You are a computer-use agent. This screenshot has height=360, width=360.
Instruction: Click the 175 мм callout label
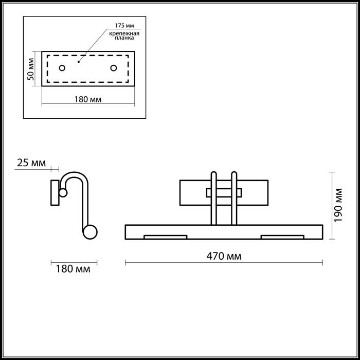[x=124, y=25]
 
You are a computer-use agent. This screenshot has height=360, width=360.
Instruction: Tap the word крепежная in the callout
[x=124, y=33]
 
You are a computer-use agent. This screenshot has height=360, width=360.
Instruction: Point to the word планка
[x=124, y=38]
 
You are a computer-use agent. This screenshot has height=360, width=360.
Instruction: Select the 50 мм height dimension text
[x=30, y=69]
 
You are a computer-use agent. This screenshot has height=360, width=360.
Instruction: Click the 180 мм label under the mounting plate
[x=88, y=99]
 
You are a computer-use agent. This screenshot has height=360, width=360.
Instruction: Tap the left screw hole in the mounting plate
[x=62, y=68]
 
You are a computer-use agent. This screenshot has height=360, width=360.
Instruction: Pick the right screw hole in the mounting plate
[x=114, y=68]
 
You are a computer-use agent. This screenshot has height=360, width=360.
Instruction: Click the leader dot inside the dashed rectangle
[x=79, y=62]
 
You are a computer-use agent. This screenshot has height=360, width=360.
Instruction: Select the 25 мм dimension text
[x=31, y=163]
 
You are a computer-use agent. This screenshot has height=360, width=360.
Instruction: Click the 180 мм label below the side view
[x=73, y=269]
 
